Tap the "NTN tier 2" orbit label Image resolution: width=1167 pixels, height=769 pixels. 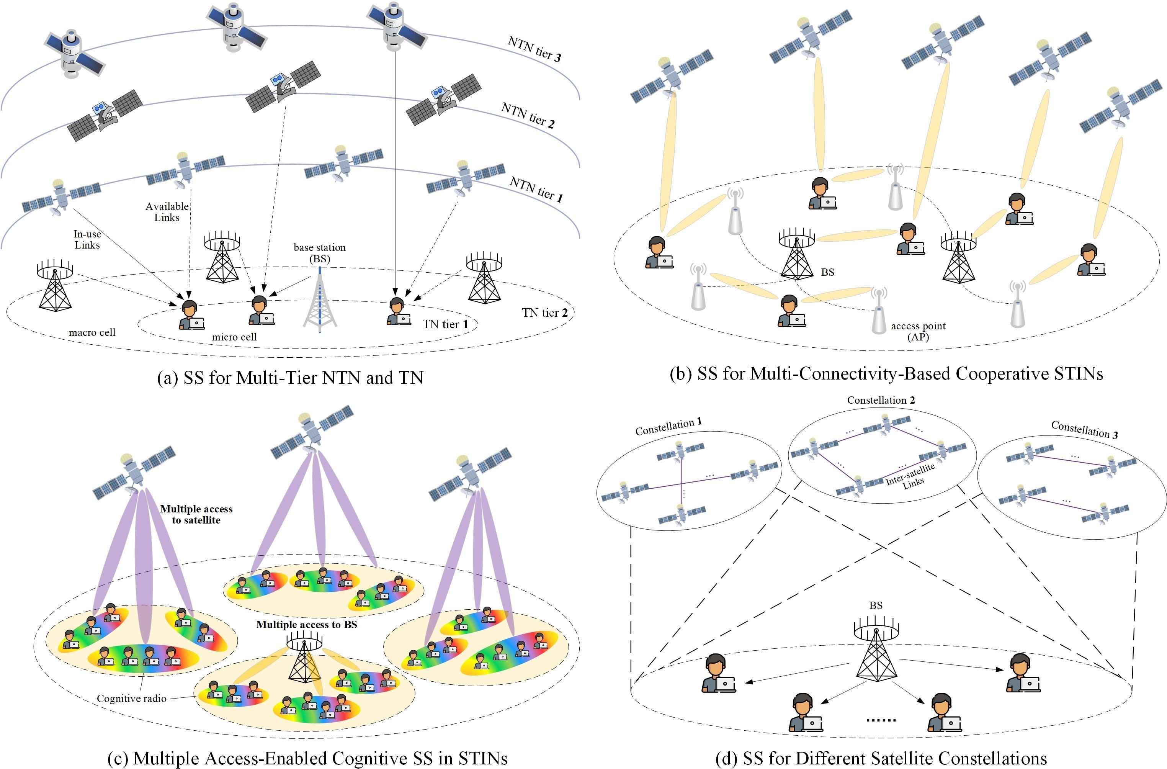pos(528,116)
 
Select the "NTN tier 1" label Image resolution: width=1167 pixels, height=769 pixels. pos(536,189)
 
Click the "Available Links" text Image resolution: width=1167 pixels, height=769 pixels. pos(167,212)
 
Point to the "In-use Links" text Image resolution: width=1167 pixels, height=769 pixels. pos(87,239)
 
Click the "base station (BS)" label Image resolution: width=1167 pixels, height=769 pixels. pos(319,253)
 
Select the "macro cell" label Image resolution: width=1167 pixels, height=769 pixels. pos(92,332)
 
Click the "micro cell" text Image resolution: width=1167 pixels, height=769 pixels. pos(234,337)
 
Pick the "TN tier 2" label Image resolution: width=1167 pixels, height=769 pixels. pos(544,313)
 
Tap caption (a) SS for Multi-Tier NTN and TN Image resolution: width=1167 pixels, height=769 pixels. pos(290,378)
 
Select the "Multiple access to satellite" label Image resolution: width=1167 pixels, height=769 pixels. pos(196,514)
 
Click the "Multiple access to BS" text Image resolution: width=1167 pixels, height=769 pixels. pos(306,624)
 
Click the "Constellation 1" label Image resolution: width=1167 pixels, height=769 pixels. pos(668,426)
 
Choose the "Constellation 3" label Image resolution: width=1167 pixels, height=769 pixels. pos(1084,430)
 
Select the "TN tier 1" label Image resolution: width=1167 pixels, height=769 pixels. pos(445,324)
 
